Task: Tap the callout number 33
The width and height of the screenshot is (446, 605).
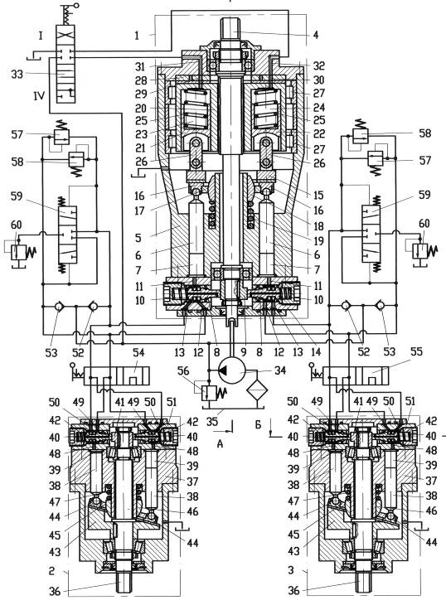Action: click(17, 74)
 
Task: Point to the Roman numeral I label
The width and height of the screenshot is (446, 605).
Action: click(41, 36)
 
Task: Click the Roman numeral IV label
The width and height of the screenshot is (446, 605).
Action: click(39, 95)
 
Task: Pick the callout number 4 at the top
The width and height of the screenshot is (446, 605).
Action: click(316, 35)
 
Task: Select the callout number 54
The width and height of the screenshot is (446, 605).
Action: click(138, 352)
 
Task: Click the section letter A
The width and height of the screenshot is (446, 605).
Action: click(220, 443)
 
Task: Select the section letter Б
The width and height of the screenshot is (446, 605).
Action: click(258, 425)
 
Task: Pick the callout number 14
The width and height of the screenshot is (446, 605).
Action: click(298, 351)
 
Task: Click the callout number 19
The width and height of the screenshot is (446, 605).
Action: click(318, 241)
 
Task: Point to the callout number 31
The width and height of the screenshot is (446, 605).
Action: click(140, 66)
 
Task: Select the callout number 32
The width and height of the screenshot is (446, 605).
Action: click(318, 65)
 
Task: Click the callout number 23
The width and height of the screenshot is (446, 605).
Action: click(141, 133)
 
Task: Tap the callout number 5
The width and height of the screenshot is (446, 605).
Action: click(138, 237)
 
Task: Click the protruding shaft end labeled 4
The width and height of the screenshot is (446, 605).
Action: click(230, 31)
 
